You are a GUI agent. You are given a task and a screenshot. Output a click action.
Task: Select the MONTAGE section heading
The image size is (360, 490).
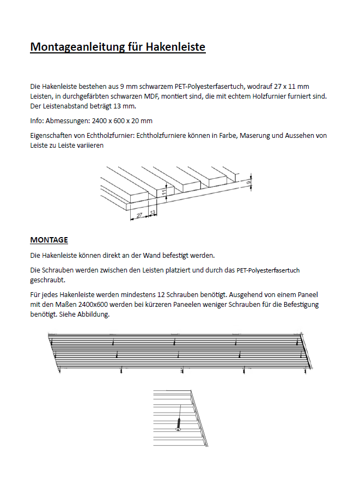pos(49,240)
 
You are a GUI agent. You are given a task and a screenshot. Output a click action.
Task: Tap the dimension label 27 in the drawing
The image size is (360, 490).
pos(140,215)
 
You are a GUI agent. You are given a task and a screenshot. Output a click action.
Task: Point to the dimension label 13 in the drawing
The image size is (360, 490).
pos(152,211)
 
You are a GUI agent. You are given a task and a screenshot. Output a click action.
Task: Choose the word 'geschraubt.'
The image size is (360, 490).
pos(47,280)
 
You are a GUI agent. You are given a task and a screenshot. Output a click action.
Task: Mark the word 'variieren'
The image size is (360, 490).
pos(88,146)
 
